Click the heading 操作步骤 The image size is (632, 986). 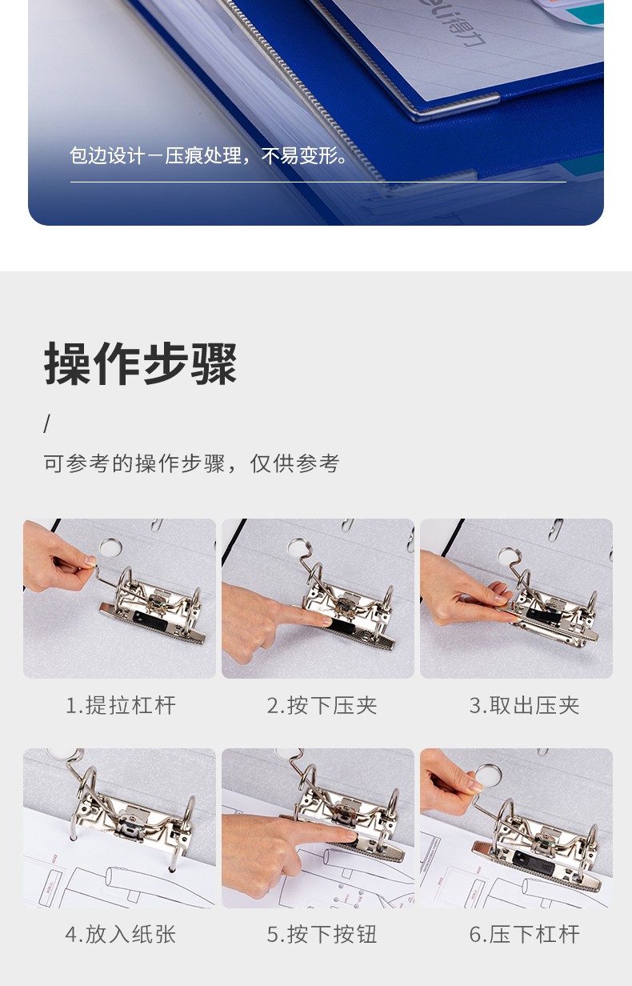point(140,363)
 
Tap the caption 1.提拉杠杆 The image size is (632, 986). point(121,705)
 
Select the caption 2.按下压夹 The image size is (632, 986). point(322,705)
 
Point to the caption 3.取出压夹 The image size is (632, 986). point(524,705)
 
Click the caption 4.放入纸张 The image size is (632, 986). point(121,934)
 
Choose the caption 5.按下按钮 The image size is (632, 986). point(322,934)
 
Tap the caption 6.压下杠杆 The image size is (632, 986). point(524,934)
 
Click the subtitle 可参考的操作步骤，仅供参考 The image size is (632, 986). point(191,463)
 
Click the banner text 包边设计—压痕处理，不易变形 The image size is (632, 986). point(208,156)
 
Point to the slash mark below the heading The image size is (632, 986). point(46,423)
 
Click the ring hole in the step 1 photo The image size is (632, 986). point(110,547)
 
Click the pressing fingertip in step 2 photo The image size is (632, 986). point(325,621)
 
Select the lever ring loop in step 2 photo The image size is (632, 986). point(298,547)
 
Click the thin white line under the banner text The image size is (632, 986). point(318,182)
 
